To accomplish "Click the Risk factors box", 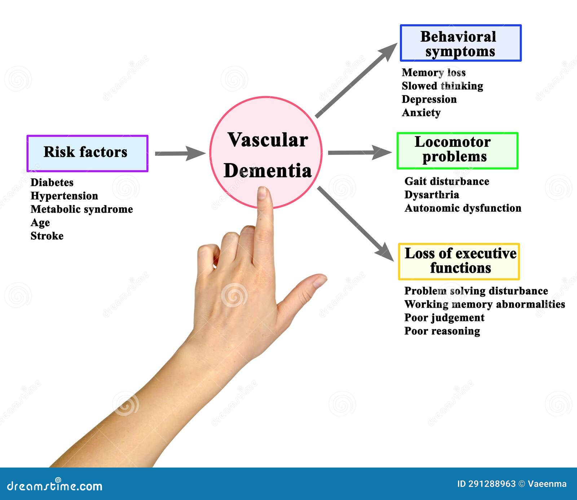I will [x=87, y=153].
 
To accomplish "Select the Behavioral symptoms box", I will [x=461, y=43].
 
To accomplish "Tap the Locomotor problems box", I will [x=457, y=150].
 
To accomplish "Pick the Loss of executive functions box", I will [x=459, y=262].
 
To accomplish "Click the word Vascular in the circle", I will [x=268, y=140].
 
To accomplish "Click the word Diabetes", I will [x=52, y=183].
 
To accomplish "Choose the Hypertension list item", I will [x=64, y=196].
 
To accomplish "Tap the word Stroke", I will [x=47, y=236].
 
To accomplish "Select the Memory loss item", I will [x=433, y=73].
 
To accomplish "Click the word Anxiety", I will [x=421, y=113].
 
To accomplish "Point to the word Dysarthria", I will [x=432, y=195].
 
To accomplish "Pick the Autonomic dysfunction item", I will [x=463, y=208].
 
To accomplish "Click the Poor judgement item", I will [x=444, y=317].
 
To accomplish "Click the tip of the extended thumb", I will [x=320, y=280].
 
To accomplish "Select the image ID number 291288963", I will [x=492, y=484].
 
